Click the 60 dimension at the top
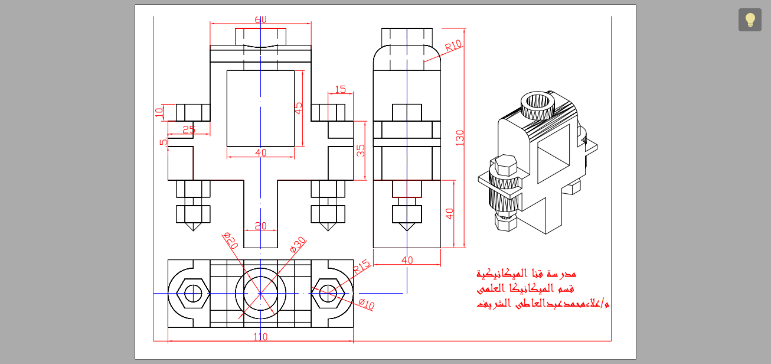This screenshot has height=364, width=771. [x=260, y=19]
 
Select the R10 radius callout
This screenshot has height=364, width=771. [x=453, y=45]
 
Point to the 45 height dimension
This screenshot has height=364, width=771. [x=299, y=108]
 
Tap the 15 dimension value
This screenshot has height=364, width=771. [x=341, y=89]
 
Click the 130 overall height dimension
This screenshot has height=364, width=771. [x=460, y=138]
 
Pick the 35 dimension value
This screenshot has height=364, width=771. [x=361, y=151]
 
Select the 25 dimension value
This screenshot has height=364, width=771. [x=188, y=129]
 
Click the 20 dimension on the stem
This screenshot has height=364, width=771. [x=260, y=226]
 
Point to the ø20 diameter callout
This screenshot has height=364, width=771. [x=230, y=240]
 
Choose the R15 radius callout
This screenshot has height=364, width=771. [x=361, y=266]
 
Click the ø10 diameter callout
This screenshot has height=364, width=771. [x=367, y=304]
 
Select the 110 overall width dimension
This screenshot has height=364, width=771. [x=260, y=337]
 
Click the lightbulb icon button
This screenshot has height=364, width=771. [x=750, y=19]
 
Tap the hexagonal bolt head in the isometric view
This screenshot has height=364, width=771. [x=505, y=165]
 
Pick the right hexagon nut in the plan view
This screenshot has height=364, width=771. [x=328, y=293]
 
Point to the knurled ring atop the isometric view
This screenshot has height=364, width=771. [x=538, y=105]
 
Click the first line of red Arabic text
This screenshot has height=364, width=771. [x=526, y=274]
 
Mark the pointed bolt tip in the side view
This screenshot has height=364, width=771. [x=407, y=226]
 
